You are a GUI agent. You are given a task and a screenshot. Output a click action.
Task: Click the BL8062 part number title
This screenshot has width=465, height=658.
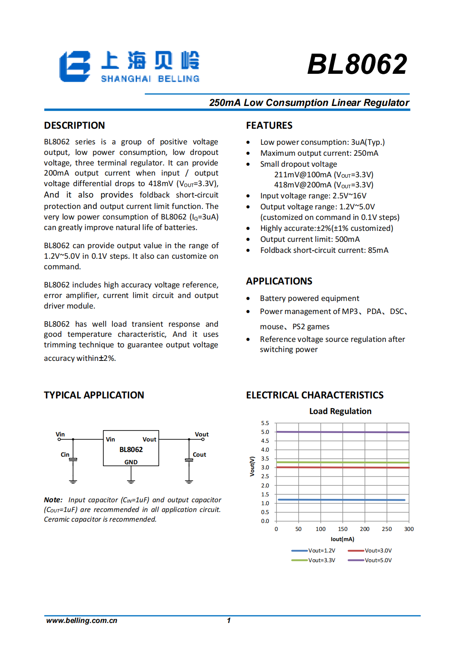pos(357,65)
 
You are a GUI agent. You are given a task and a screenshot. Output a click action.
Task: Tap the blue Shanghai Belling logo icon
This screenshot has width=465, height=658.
pos(75,66)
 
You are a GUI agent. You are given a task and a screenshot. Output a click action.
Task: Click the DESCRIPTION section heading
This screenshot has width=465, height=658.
pos(74,125)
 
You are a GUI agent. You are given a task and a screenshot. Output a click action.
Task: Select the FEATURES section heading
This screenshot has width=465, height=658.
pos(269,125)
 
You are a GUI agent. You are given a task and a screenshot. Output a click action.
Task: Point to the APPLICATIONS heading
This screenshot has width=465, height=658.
pos(279,281)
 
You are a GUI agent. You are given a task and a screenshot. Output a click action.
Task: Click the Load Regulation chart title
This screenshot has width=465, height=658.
pos(340,411)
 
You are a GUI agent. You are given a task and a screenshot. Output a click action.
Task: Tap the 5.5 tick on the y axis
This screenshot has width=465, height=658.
pos(265,423)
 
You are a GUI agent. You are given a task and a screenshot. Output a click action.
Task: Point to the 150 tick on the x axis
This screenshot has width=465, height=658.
pos(343,529)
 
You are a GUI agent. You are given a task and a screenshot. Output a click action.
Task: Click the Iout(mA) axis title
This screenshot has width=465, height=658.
pos(342,539)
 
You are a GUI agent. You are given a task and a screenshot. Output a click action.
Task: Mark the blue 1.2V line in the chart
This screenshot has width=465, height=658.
pos(342,500)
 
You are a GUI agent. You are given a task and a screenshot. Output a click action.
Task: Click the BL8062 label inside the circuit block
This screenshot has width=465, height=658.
pos(131,449)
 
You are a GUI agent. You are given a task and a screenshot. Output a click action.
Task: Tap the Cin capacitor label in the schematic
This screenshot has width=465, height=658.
pos(65,455)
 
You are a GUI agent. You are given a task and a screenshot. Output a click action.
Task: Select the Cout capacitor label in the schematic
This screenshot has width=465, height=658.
pos(199,455)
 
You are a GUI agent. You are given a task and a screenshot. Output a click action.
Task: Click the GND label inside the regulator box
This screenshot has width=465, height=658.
pos(131,462)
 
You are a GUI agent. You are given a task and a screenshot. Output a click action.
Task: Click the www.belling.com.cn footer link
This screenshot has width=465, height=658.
pos(81,620)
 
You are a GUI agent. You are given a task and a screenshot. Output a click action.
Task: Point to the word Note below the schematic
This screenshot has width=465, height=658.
pos(53,500)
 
